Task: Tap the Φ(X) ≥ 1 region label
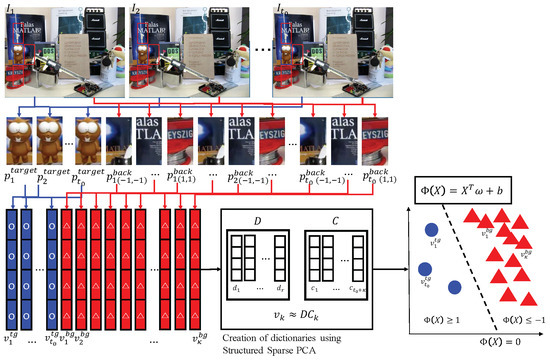[441, 319]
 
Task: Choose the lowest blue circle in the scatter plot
[454, 290]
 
